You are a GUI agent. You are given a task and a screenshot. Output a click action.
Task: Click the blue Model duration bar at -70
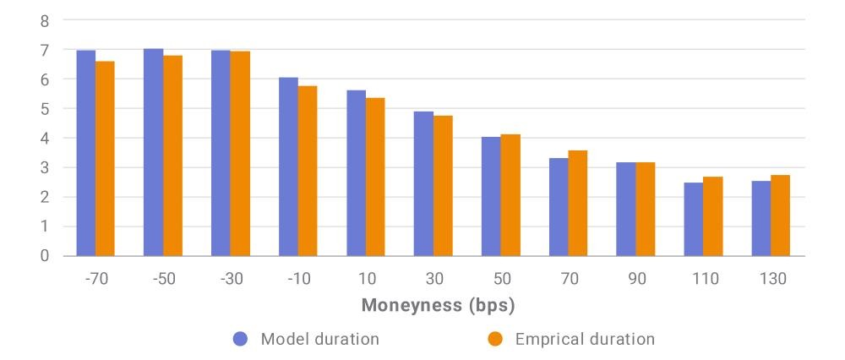coord(86,153)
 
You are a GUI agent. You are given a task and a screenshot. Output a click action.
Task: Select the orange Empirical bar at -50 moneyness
coord(173,155)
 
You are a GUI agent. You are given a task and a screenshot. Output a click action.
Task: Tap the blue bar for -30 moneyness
coord(221,153)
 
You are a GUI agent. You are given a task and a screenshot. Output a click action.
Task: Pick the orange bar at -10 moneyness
coord(308,171)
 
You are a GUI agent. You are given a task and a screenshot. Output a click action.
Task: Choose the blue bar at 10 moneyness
coord(357,173)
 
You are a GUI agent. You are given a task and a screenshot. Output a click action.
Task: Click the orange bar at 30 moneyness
coord(443,186)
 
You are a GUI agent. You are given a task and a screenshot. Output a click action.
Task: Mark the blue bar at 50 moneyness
coord(491,197)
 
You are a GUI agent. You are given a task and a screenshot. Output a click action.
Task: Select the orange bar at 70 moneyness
coord(578,203)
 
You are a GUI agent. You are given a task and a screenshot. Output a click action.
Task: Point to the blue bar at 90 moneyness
coord(626,209)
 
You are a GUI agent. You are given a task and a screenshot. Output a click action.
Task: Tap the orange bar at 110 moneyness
coord(713,216)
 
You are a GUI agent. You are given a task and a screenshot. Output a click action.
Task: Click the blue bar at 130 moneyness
coord(761,218)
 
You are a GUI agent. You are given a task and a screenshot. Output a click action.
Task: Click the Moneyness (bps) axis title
coord(438,306)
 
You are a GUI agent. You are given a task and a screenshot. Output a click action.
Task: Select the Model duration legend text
coord(320,339)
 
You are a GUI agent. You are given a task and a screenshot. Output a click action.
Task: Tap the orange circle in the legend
coord(494,339)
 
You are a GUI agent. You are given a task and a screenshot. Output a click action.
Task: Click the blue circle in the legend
coord(240,339)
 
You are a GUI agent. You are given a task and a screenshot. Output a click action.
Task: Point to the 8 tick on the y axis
coord(45,22)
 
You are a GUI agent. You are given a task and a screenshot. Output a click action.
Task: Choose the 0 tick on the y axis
coord(45,256)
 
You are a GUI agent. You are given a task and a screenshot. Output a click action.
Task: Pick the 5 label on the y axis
coord(45,109)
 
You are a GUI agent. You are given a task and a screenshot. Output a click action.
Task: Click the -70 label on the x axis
coord(97,279)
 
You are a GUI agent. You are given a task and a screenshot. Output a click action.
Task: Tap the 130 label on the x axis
coord(773,279)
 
